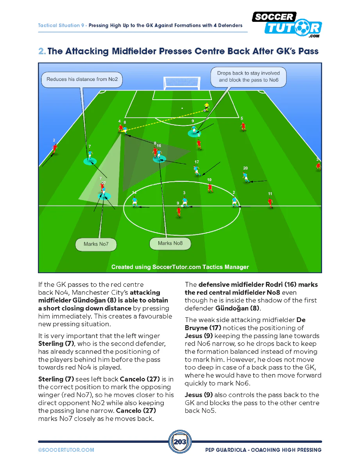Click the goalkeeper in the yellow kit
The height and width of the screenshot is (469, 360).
coord(206,107)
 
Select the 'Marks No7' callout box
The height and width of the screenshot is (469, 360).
coord(96,244)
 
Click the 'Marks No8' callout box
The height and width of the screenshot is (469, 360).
coord(170,243)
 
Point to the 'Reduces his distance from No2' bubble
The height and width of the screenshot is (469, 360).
coord(82,79)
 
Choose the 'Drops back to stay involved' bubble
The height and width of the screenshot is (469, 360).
coord(249,77)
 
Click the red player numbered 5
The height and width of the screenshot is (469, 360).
coord(243,126)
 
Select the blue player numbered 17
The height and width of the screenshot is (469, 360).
coord(196,170)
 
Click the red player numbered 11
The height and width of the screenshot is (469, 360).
coord(270,202)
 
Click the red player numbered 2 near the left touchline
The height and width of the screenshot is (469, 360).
coord(55,148)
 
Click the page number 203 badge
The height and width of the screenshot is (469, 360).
coord(180,442)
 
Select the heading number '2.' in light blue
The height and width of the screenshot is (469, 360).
coord(42,52)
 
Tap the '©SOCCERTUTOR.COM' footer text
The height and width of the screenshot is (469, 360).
coord(66,450)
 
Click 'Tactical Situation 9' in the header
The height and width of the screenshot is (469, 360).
coord(61,25)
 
